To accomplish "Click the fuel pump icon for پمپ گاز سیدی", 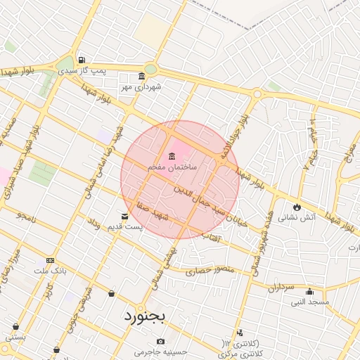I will tap(83, 60).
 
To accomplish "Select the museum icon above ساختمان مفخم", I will tap(172, 156).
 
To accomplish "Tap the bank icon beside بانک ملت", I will tap(49, 259).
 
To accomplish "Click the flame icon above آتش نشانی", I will tap(297, 207).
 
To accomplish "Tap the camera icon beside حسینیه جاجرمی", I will tap(162, 342).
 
